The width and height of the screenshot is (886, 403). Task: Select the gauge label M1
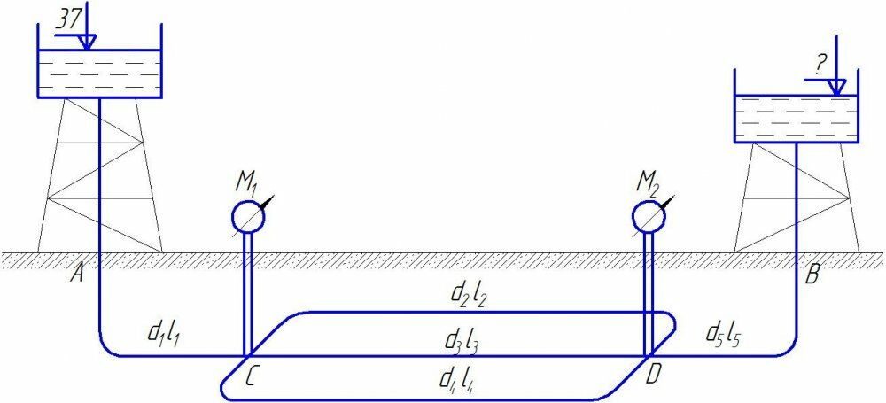click(x=245, y=184)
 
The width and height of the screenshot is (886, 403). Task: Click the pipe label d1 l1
click(x=165, y=335)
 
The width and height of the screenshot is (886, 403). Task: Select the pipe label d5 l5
click(x=725, y=334)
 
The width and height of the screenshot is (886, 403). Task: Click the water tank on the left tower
click(x=98, y=74)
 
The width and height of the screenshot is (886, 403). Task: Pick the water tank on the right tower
click(x=797, y=118)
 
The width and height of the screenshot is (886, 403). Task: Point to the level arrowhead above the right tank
click(x=835, y=89)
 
